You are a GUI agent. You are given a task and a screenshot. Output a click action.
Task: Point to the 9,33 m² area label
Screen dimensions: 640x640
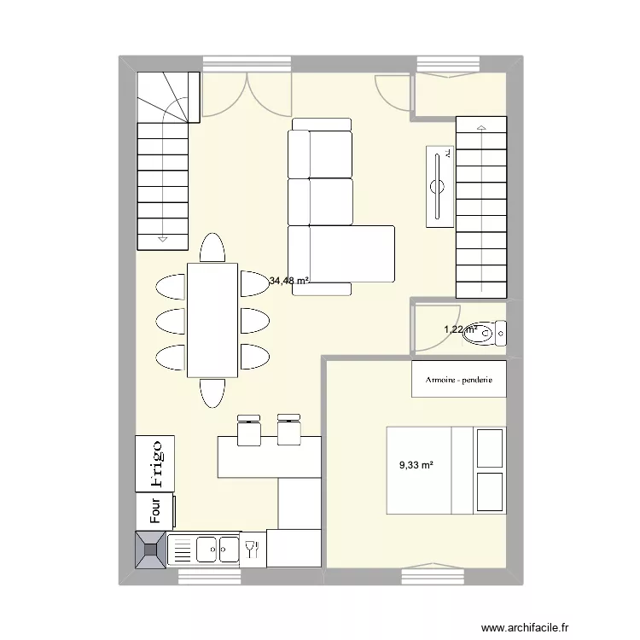click(x=416, y=465)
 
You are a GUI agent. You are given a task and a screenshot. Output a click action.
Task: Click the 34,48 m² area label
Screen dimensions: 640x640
click(x=289, y=280)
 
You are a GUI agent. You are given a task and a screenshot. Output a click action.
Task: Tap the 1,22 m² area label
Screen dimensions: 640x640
click(x=458, y=329)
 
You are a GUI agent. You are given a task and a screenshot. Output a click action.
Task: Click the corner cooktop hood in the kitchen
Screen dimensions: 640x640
click(x=151, y=550)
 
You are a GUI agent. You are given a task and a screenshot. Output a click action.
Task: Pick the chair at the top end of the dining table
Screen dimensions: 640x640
click(x=212, y=247)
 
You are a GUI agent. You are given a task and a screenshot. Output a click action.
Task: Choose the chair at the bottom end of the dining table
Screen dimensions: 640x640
click(x=212, y=393)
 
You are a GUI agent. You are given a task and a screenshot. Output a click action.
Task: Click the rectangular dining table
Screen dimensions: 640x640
click(x=212, y=320)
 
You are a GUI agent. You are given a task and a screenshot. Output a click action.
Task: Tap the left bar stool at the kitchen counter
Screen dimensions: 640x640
click(x=248, y=429)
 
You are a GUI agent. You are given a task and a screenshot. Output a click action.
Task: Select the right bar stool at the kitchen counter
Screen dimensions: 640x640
click(x=288, y=429)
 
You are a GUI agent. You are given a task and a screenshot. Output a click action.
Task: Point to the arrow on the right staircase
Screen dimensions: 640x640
click(x=481, y=130)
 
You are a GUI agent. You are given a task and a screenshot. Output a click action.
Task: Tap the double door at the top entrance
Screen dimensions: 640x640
click(x=247, y=94)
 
